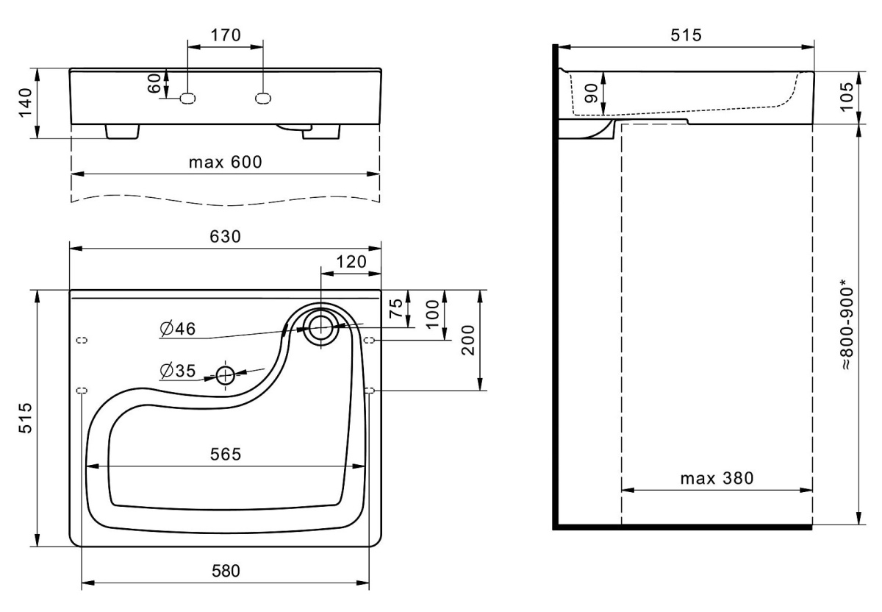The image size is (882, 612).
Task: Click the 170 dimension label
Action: (225, 35)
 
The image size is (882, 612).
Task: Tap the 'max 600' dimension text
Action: (225, 162)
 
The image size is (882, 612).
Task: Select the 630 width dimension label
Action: (225, 236)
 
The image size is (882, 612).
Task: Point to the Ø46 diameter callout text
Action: (176, 330)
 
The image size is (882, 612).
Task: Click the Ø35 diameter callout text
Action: (176, 371)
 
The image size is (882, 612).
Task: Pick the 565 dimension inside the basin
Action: (225, 455)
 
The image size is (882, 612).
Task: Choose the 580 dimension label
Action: (225, 571)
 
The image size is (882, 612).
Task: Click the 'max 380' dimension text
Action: (717, 479)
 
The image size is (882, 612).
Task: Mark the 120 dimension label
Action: (351, 261)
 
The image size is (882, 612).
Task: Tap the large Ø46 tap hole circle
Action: (320, 326)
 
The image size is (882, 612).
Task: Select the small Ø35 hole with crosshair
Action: (225, 376)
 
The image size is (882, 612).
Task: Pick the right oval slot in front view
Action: (263, 97)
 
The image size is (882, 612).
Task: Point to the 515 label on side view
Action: (685, 35)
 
